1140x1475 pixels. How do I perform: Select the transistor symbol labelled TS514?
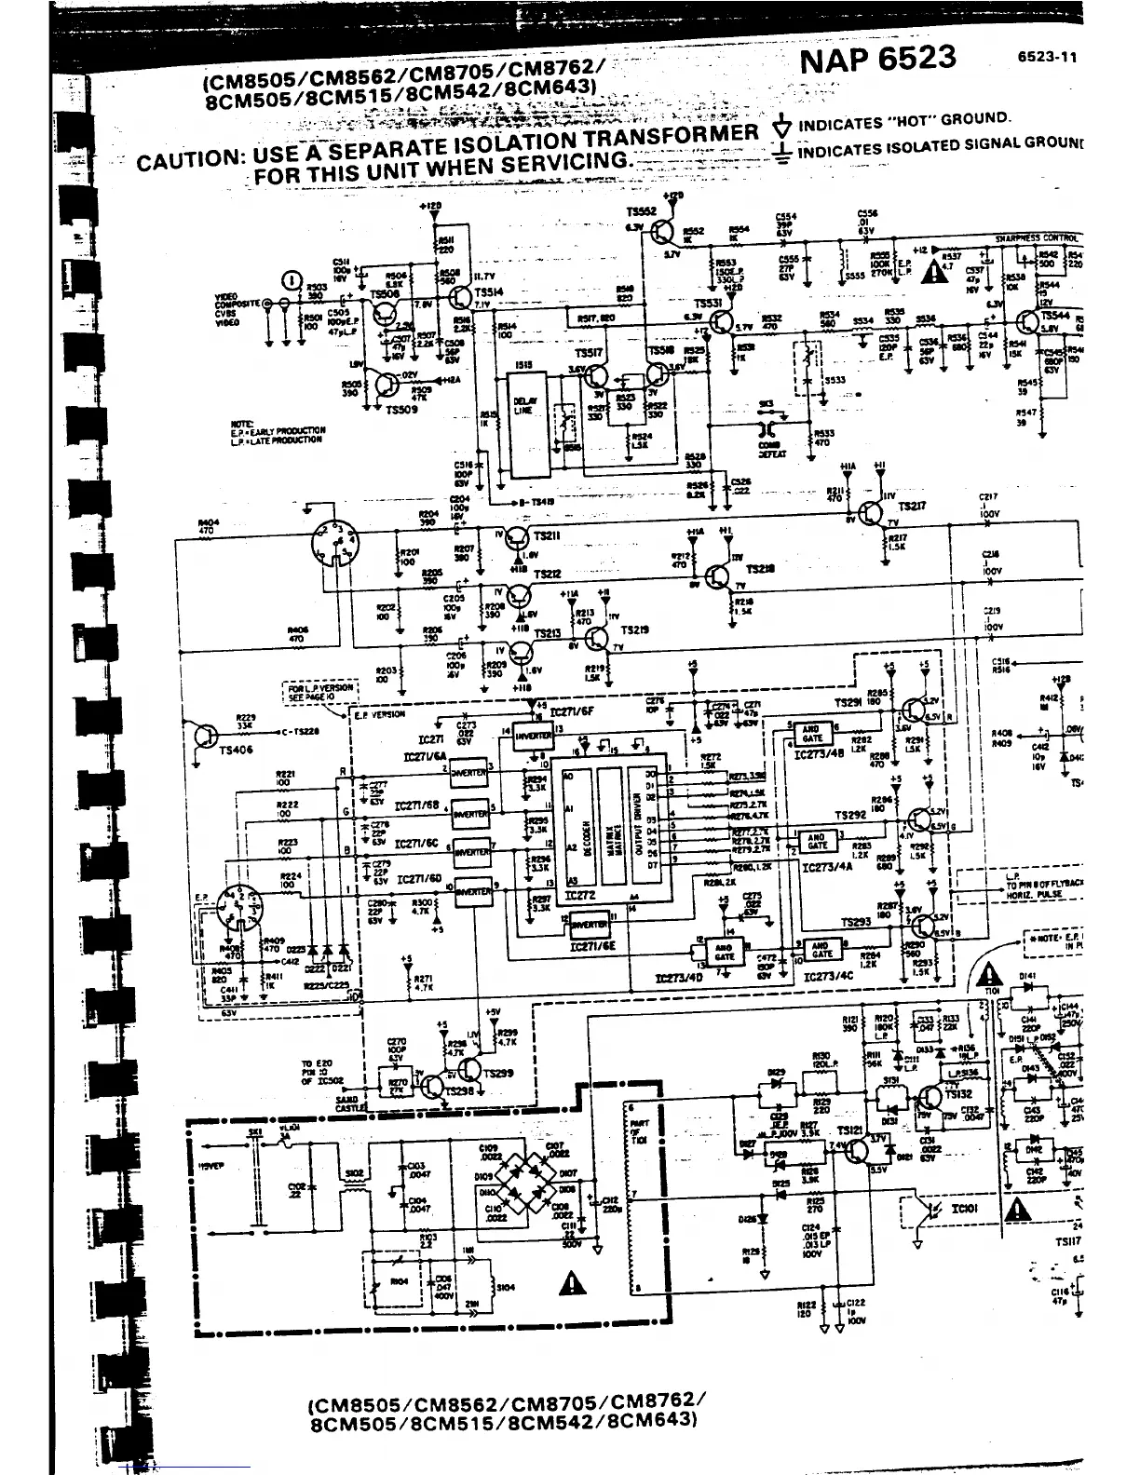tap(459, 297)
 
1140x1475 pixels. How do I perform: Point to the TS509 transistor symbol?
tap(383, 386)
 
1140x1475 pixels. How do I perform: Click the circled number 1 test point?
tap(292, 278)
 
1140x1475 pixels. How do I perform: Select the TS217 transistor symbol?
tap(872, 513)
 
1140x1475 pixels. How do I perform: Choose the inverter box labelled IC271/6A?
tap(468, 773)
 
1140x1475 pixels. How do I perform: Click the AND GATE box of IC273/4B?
tap(809, 733)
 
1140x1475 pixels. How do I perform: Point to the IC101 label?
tap(962, 1211)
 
